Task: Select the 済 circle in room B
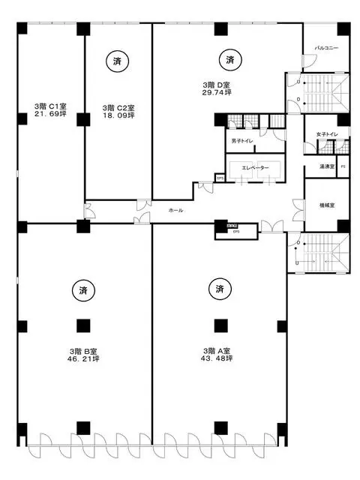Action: click(x=82, y=289)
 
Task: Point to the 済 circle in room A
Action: click(x=220, y=289)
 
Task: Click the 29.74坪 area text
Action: click(x=215, y=92)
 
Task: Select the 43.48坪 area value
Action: click(x=221, y=358)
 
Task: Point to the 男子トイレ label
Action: click(x=241, y=139)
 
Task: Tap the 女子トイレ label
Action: click(x=327, y=134)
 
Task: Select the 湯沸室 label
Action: click(x=326, y=166)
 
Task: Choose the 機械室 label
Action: click(x=327, y=203)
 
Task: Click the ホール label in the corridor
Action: click(x=176, y=210)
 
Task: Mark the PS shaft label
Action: click(x=343, y=166)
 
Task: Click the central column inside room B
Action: click(x=82, y=325)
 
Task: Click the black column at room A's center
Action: click(x=220, y=325)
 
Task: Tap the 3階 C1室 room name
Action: click(x=49, y=106)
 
